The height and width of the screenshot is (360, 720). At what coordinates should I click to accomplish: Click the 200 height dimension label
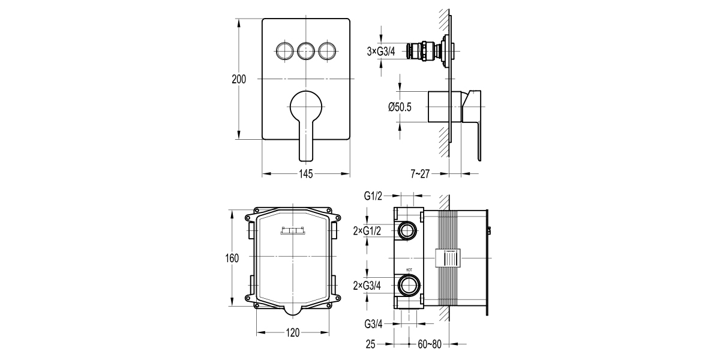(x=239, y=80)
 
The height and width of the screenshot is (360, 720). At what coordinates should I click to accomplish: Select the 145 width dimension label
(x=305, y=174)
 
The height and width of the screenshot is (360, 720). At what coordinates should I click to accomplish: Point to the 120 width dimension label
(x=293, y=332)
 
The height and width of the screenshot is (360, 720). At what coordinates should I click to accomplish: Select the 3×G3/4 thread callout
(x=381, y=52)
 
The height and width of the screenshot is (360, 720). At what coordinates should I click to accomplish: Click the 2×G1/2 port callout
(x=367, y=230)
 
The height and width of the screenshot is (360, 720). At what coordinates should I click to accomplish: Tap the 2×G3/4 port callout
(x=367, y=284)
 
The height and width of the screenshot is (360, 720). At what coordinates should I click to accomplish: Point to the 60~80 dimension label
(x=428, y=344)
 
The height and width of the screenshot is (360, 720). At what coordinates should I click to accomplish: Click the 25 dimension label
(x=370, y=344)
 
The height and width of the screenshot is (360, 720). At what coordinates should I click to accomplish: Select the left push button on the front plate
(x=284, y=51)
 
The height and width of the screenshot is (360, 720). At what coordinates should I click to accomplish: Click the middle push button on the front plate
(x=306, y=51)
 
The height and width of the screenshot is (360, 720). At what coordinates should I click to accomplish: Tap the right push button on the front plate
(x=328, y=51)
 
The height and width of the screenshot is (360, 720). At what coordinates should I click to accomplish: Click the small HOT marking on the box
(x=409, y=270)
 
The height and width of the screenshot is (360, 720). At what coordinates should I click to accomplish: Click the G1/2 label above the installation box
(x=374, y=196)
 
